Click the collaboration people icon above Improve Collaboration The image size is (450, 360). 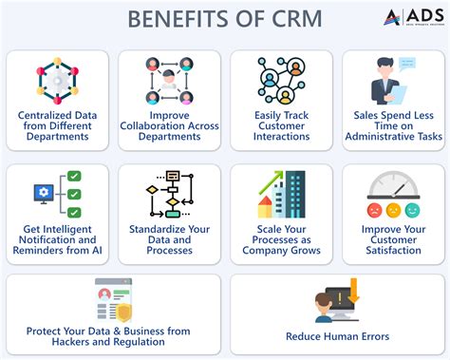click(x=169, y=82)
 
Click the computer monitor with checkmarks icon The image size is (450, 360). click(x=56, y=196)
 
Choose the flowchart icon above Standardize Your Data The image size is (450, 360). click(x=168, y=195)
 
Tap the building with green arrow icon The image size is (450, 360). click(x=282, y=195)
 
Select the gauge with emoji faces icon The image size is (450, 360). click(x=393, y=196)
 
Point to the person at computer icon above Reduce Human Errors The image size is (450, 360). click(x=336, y=303)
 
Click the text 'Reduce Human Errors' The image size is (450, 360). click(x=337, y=336)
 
